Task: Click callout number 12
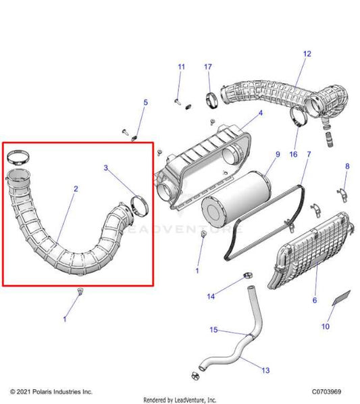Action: pyautogui.click(x=307, y=53)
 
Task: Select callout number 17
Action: pyautogui.click(x=208, y=67)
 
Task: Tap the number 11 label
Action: pyautogui.click(x=181, y=67)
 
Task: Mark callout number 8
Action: pyautogui.click(x=348, y=166)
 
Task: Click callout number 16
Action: pyautogui.click(x=294, y=155)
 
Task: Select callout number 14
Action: pyautogui.click(x=211, y=297)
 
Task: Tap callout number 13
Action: pyautogui.click(x=265, y=370)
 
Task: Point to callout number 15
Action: pyautogui.click(x=213, y=330)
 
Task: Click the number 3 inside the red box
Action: pyautogui.click(x=105, y=166)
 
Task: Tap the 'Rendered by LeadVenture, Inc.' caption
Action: pyautogui.click(x=180, y=399)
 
